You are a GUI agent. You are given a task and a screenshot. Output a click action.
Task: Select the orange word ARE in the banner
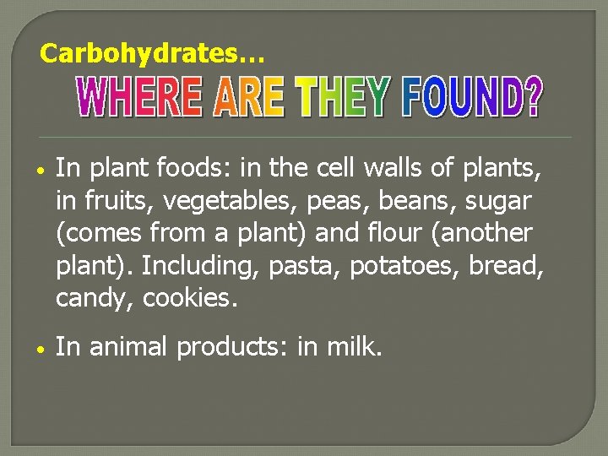click(248, 100)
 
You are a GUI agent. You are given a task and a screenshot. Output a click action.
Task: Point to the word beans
click(403, 203)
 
